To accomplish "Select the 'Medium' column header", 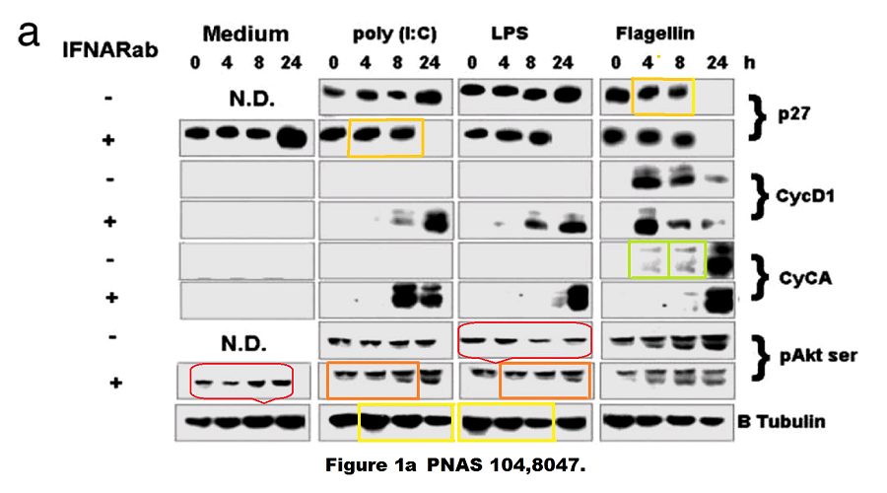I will [245, 35].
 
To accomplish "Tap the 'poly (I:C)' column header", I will [393, 35].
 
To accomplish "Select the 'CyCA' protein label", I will [802, 277].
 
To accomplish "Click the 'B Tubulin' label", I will [781, 422].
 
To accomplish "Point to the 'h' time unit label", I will [752, 62].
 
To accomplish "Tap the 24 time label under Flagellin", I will [716, 62].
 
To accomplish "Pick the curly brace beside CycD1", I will [757, 194].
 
